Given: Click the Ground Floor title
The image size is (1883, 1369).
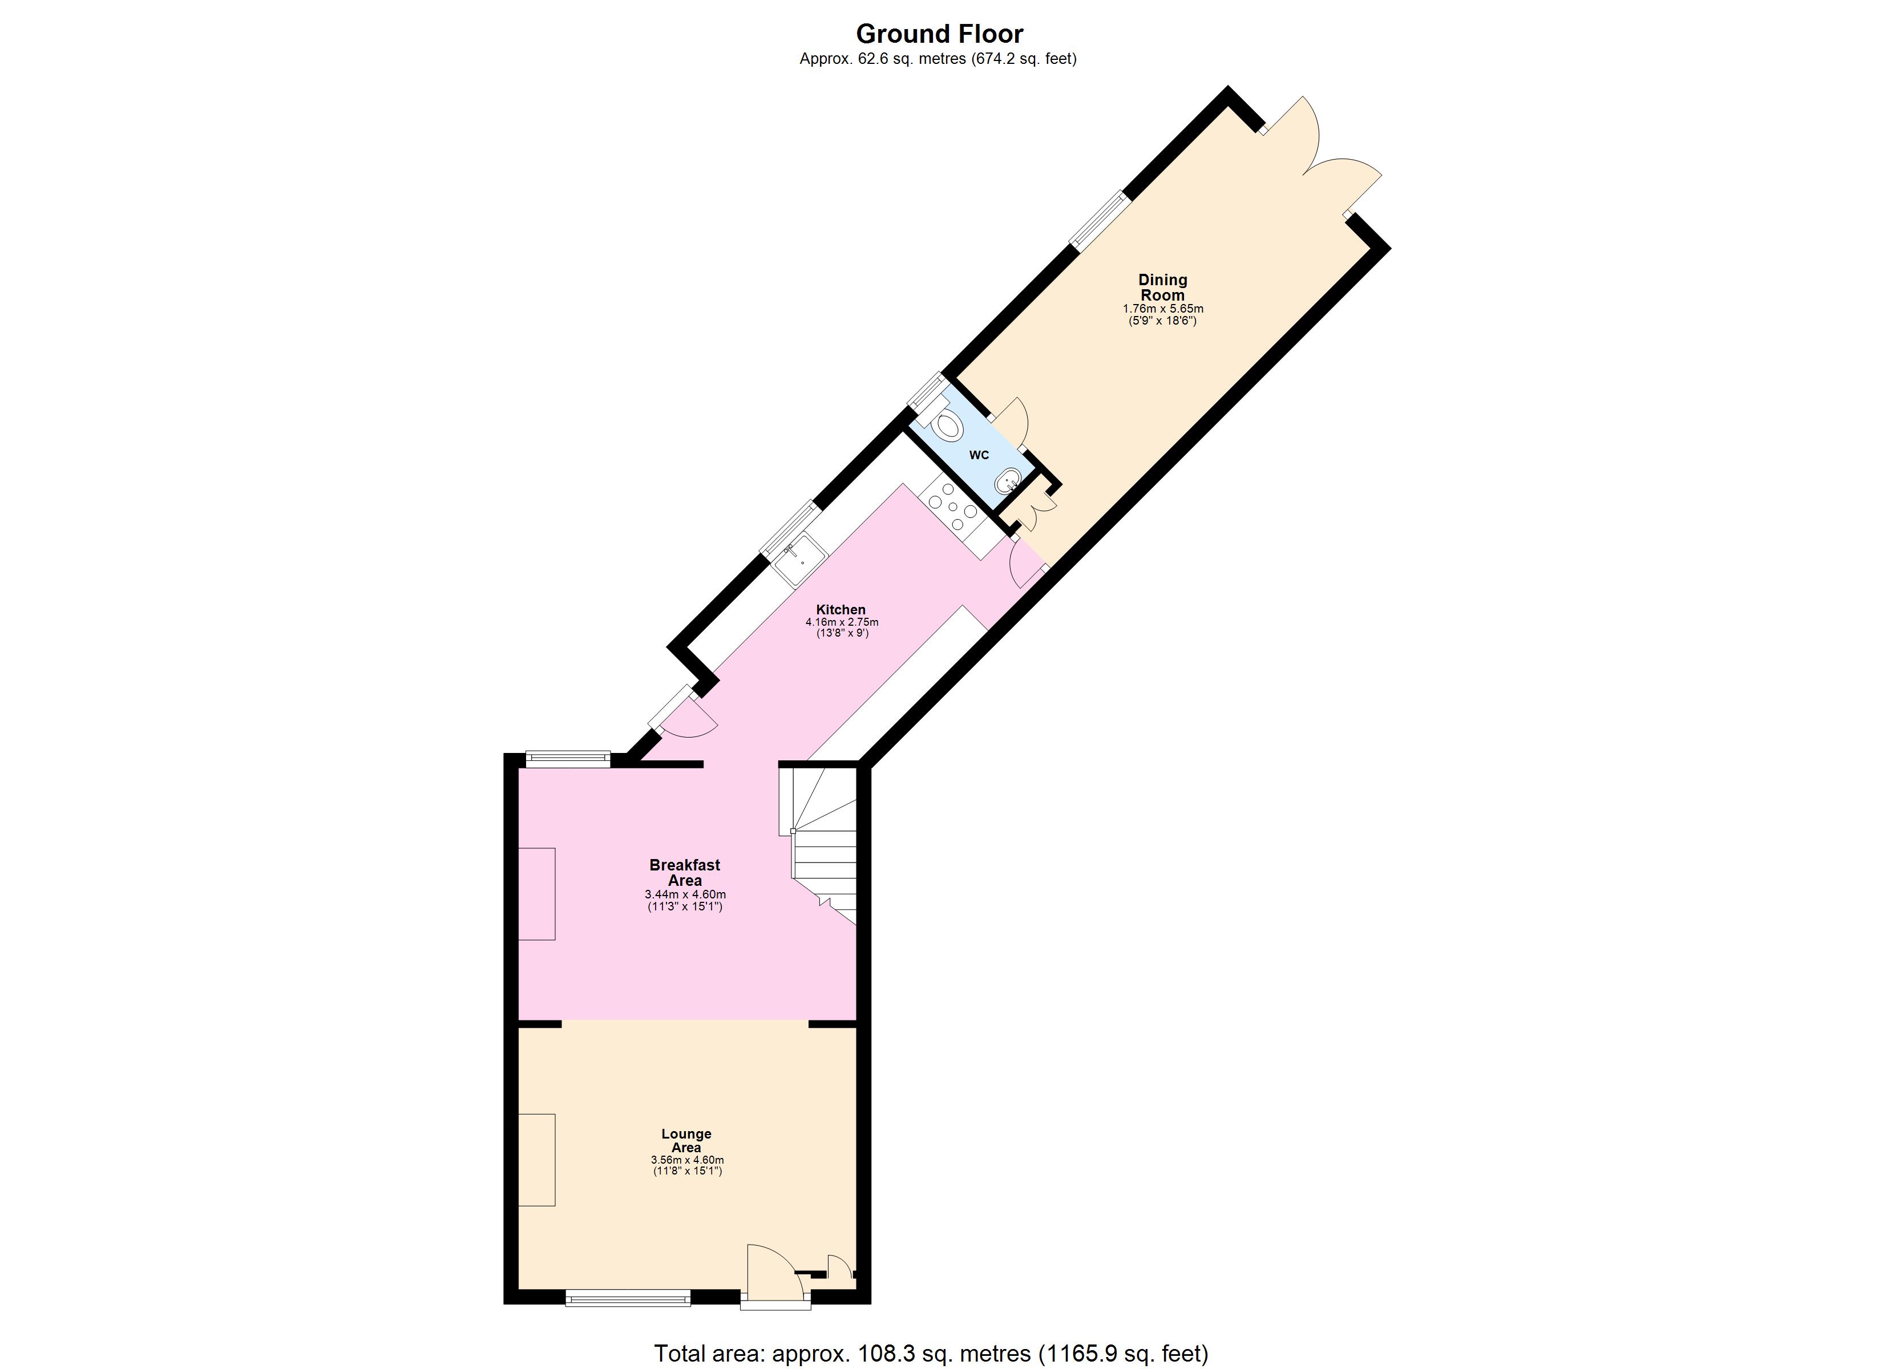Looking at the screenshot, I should click(x=939, y=34).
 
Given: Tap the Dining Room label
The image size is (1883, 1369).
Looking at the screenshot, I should click(x=1162, y=287).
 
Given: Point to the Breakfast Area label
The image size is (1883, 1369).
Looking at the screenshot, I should click(x=685, y=873).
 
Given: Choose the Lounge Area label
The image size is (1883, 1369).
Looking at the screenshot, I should click(x=686, y=1141).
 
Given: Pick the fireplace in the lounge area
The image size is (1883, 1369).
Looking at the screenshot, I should click(x=537, y=1159).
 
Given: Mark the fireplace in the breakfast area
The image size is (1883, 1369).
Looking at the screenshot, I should click(x=537, y=893).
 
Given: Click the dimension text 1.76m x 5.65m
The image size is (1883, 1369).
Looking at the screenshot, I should click(x=1162, y=309).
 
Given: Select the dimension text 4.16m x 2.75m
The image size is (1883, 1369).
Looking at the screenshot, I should click(x=842, y=622).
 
